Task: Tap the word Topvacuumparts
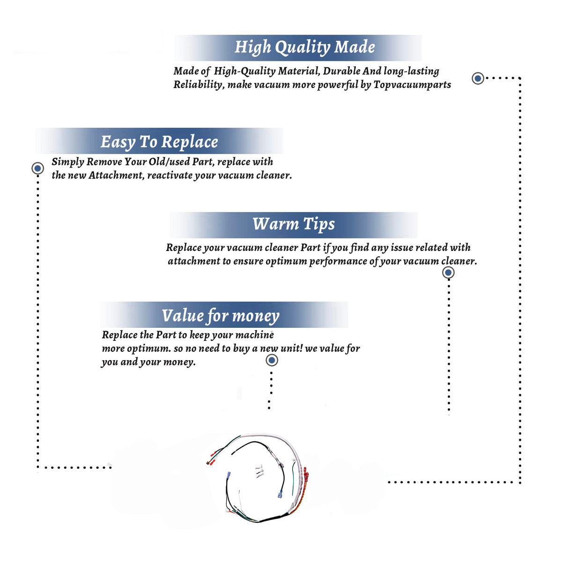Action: point(412,85)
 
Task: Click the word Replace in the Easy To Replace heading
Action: point(190,142)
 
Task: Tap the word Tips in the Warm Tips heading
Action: point(319,225)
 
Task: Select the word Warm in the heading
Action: point(275,224)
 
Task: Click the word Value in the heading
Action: point(183,315)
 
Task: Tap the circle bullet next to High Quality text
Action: point(478,78)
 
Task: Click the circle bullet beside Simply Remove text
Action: point(37,168)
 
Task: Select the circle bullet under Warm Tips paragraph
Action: point(448,273)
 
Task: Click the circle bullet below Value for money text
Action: point(272,360)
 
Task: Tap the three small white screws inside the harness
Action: point(259,471)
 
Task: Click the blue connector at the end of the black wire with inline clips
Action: point(280,495)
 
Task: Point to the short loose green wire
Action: point(294,478)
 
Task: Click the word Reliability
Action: point(198,85)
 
